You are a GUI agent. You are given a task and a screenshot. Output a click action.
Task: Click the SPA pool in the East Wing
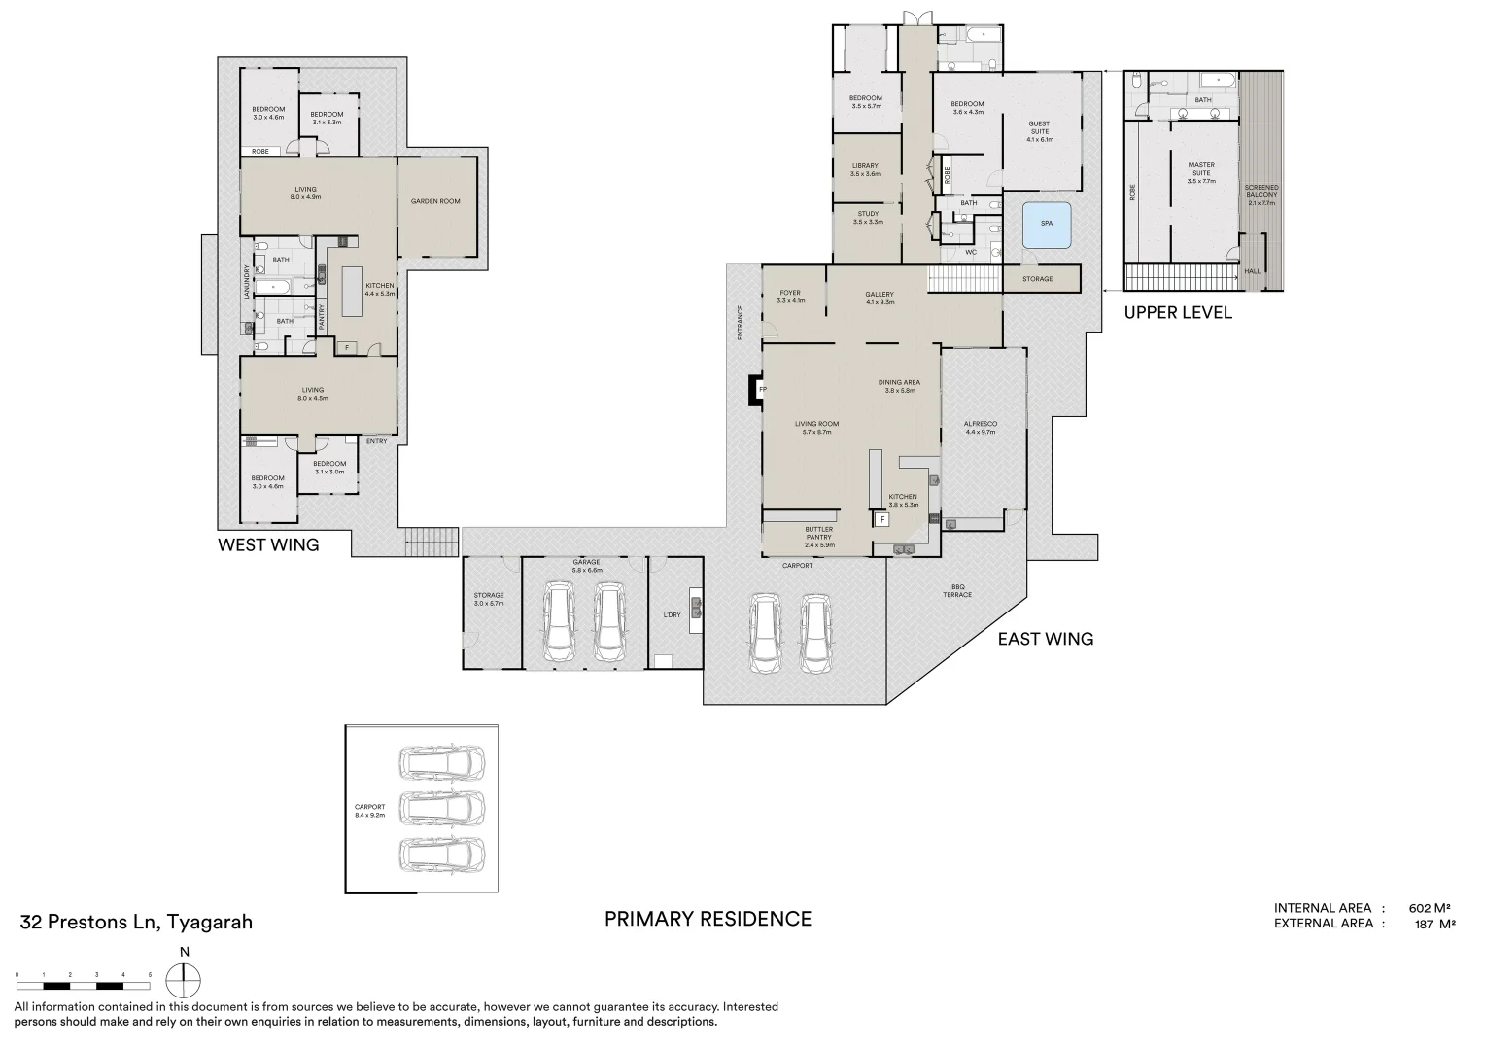(x=1046, y=224)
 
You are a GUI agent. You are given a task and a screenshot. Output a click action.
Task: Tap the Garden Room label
(x=435, y=201)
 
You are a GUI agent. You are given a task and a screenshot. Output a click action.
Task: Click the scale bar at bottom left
(x=84, y=973)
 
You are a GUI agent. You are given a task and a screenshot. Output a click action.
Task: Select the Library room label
(x=864, y=169)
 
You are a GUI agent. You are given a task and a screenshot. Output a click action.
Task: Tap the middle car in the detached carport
(x=442, y=807)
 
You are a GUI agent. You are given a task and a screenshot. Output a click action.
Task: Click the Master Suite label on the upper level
(x=1201, y=173)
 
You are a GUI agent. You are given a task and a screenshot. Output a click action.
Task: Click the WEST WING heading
(x=268, y=545)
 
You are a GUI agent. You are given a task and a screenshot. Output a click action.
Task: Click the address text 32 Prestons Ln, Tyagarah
(x=136, y=922)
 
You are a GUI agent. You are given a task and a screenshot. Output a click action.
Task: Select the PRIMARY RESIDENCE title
(x=708, y=919)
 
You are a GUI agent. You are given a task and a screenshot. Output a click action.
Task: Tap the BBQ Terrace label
(x=956, y=591)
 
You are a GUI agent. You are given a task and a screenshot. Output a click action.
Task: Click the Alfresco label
(x=981, y=428)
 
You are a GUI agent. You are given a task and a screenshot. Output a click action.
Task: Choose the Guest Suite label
(x=1039, y=131)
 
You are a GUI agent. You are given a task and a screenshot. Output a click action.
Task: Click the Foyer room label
(x=789, y=297)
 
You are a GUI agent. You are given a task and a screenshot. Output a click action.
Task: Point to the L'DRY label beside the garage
(x=672, y=614)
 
